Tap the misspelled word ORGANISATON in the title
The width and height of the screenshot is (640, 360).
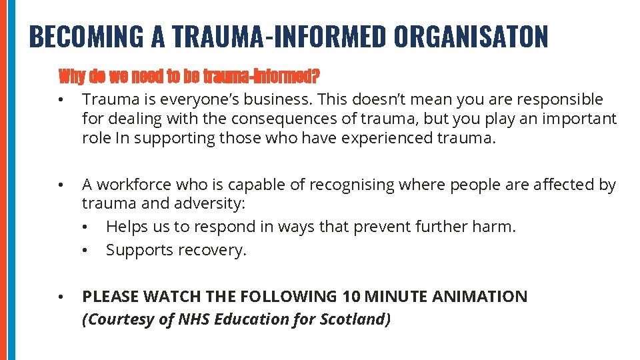coord(471,37)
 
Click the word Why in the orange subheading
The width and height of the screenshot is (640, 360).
coord(71,77)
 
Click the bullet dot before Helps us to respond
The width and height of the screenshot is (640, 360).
coord(85,227)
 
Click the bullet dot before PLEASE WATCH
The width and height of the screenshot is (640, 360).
coord(60,297)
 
